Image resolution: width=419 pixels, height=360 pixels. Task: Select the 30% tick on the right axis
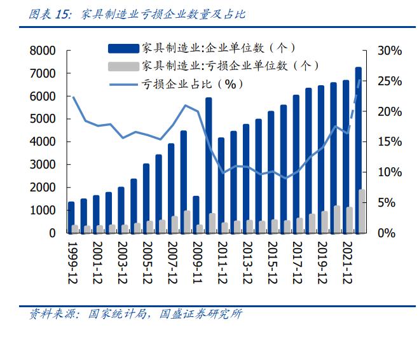(x=389, y=51)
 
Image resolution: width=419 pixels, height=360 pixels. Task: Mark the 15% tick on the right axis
(x=389, y=142)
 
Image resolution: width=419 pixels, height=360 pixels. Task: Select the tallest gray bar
(x=362, y=211)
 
